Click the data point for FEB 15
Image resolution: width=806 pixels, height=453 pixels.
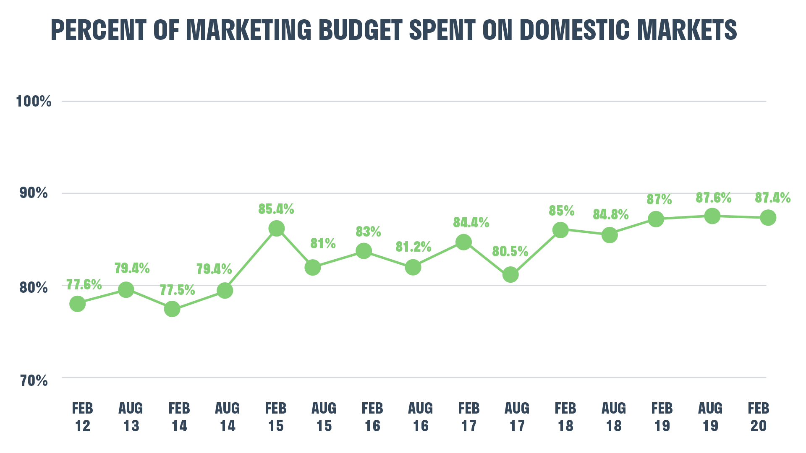pos(276,229)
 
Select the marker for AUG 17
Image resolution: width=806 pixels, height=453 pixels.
pos(510,275)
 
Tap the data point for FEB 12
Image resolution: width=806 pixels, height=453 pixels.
pos(78,303)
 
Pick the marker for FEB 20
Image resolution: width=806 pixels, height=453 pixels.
pos(768,218)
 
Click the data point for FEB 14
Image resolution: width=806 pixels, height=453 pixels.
pos(172,309)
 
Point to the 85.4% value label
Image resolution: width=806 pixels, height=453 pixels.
pos(276,209)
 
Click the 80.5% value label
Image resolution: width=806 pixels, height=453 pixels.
pos(510,251)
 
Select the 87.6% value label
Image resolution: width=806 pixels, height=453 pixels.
pos(713,198)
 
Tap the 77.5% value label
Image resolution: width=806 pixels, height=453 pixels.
pos(177,290)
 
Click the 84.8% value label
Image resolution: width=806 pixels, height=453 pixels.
pos(610,214)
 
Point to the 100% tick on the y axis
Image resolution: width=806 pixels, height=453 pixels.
pos(34,101)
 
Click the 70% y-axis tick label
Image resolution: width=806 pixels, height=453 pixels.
pos(34,380)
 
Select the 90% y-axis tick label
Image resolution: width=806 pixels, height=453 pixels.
pos(34,193)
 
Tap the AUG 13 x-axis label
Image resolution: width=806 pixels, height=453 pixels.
pos(131,417)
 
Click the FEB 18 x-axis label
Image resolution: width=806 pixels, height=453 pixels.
pos(565,417)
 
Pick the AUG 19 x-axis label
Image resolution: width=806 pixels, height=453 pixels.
pos(710,417)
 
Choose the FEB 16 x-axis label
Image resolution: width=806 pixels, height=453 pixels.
pos(372,417)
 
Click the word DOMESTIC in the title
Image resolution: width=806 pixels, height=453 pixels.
pos(574,30)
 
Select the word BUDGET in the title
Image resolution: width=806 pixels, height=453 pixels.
pos(360,30)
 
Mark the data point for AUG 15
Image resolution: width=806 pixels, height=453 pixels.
pos(312,267)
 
